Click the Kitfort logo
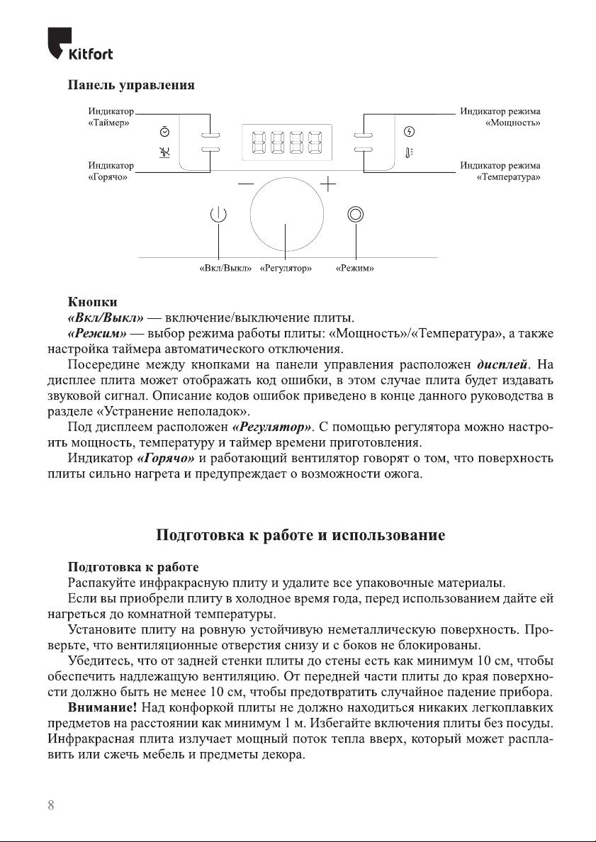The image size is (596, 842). coord(80,44)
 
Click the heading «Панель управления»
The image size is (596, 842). coord(130,86)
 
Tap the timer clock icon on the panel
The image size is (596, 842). coord(164,132)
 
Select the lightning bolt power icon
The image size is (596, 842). coord(408,132)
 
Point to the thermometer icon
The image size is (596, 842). coord(409,151)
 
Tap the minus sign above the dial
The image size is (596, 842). coord(245,184)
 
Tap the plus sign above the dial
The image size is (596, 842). coord(329,184)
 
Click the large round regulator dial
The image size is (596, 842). coord(286,215)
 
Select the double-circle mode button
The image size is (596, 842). coord(355,215)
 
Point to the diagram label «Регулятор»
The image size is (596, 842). coord(286,269)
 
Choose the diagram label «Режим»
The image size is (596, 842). coord(354,269)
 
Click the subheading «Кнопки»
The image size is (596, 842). coord(92,301)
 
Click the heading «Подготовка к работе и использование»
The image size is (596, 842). coord(300,535)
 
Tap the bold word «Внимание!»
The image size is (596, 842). coord(102,707)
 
